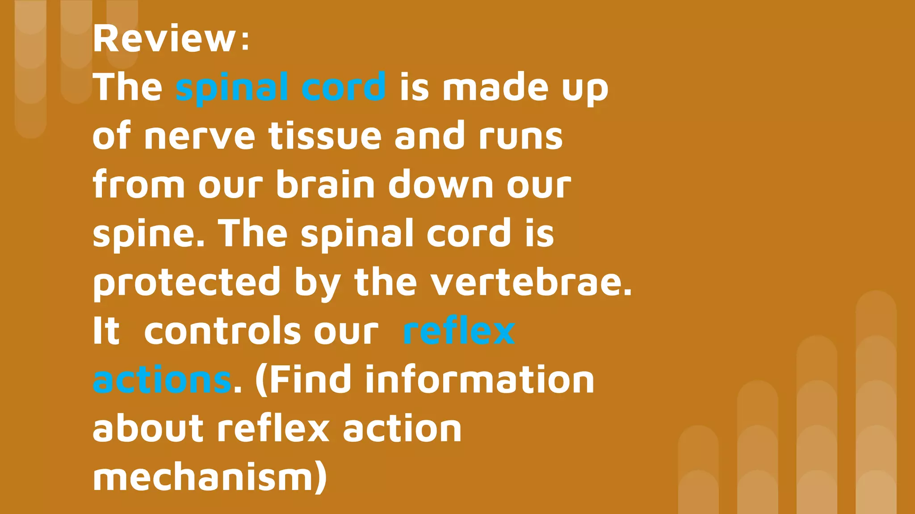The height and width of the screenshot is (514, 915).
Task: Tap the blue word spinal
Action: [x=232, y=87]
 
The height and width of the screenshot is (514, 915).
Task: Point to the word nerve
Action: [x=199, y=136]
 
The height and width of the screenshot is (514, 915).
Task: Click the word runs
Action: [x=520, y=136]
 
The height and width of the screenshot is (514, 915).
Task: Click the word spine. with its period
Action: [x=149, y=234]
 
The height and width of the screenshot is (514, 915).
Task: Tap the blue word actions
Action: [x=162, y=380]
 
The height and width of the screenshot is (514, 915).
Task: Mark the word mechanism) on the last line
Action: [x=210, y=478]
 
